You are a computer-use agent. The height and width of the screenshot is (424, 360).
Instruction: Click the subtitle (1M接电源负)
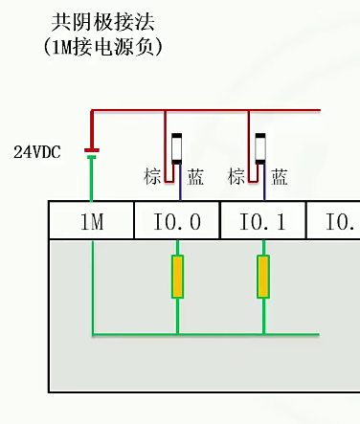[91, 45]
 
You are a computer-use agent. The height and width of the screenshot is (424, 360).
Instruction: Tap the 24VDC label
[36, 151]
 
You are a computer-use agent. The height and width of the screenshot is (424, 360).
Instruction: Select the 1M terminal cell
[91, 222]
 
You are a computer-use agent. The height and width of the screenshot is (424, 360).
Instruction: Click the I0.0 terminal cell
[177, 222]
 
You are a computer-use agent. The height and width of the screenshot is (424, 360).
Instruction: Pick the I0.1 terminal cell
[263, 222]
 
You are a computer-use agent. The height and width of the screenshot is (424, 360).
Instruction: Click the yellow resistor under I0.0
[177, 277]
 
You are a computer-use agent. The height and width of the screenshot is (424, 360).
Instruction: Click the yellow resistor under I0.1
[263, 277]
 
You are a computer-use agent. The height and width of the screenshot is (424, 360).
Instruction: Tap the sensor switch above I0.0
[176, 148]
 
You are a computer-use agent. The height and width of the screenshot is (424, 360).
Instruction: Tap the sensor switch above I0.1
[259, 148]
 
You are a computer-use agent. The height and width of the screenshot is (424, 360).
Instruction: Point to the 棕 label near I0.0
[152, 176]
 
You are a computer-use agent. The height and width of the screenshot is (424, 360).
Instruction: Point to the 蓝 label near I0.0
[195, 176]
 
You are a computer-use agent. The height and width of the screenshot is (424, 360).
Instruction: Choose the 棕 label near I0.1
[236, 176]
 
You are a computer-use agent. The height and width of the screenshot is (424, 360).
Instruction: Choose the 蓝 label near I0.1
[280, 176]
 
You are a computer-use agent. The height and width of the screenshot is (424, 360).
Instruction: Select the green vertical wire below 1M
[93, 287]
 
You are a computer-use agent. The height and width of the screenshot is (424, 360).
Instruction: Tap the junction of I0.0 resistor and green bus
[177, 334]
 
